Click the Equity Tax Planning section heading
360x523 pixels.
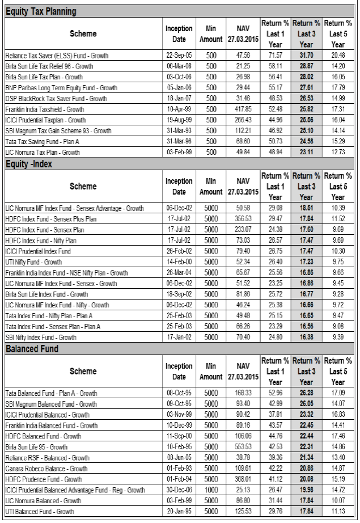coord(41,11)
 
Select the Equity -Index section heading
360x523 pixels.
coord(33,164)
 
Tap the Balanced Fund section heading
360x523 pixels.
coord(32,348)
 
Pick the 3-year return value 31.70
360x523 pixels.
coord(306,56)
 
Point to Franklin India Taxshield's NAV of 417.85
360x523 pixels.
coord(243,108)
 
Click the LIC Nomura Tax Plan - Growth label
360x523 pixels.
coord(45,151)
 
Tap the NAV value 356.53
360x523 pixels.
coord(243,220)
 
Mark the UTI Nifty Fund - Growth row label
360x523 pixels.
coord(33,261)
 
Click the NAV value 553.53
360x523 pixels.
coord(243,447)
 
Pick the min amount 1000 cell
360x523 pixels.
coord(211,490)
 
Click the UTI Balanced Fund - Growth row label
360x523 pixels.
coord(40,512)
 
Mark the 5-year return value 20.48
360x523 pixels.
coord(338,56)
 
